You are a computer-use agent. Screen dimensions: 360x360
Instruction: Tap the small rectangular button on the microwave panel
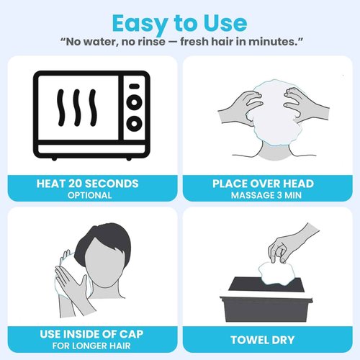click(133, 86)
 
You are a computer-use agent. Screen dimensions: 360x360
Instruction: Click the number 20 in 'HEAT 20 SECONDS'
click(78, 184)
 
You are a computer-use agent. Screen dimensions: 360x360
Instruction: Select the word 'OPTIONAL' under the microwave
click(89, 195)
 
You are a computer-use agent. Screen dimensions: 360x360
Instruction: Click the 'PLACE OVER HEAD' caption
click(270, 184)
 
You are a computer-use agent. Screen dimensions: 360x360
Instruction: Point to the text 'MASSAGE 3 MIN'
click(270, 195)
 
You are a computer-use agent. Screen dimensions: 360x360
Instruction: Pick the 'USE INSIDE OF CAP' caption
click(89, 335)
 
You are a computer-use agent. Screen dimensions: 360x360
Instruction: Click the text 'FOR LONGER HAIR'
click(89, 346)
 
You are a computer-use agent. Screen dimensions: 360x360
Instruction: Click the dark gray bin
click(270, 302)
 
